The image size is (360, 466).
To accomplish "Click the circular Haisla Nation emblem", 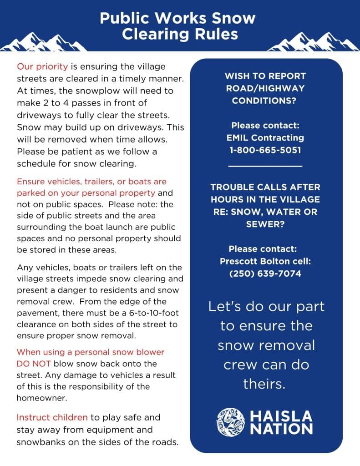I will tap(231, 422).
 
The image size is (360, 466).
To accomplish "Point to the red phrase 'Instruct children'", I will tap(52, 417).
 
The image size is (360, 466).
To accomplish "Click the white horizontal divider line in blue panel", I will tap(266, 167).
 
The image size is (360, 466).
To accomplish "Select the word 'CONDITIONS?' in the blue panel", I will tap(266, 101).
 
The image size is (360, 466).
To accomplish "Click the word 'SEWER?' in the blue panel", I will tap(266, 224).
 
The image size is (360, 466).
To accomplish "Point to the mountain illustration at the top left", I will tap(41, 41).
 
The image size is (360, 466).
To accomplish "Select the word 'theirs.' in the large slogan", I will tap(266, 384).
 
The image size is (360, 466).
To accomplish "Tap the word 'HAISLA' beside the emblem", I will tap(281, 416).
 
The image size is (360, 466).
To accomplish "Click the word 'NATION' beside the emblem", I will tap(281, 429).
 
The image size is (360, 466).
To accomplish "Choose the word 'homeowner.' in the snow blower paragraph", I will tap(40, 398).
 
